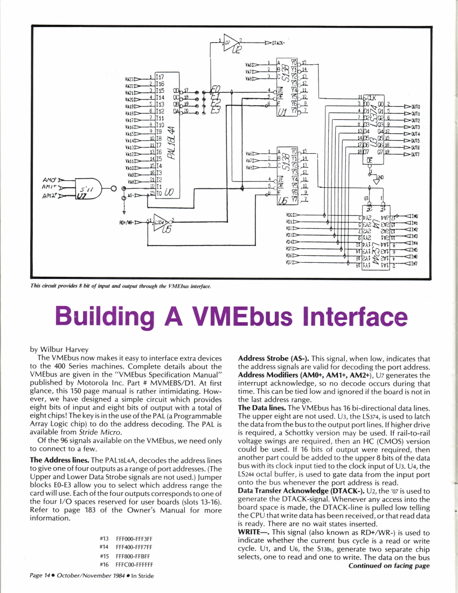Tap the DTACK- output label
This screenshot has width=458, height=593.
pyautogui.click(x=279, y=41)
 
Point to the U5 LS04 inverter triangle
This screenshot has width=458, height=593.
pyautogui.click(x=161, y=222)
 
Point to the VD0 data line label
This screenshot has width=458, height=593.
pyautogui.click(x=292, y=215)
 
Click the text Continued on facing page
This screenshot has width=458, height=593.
pyautogui.click(x=388, y=565)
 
